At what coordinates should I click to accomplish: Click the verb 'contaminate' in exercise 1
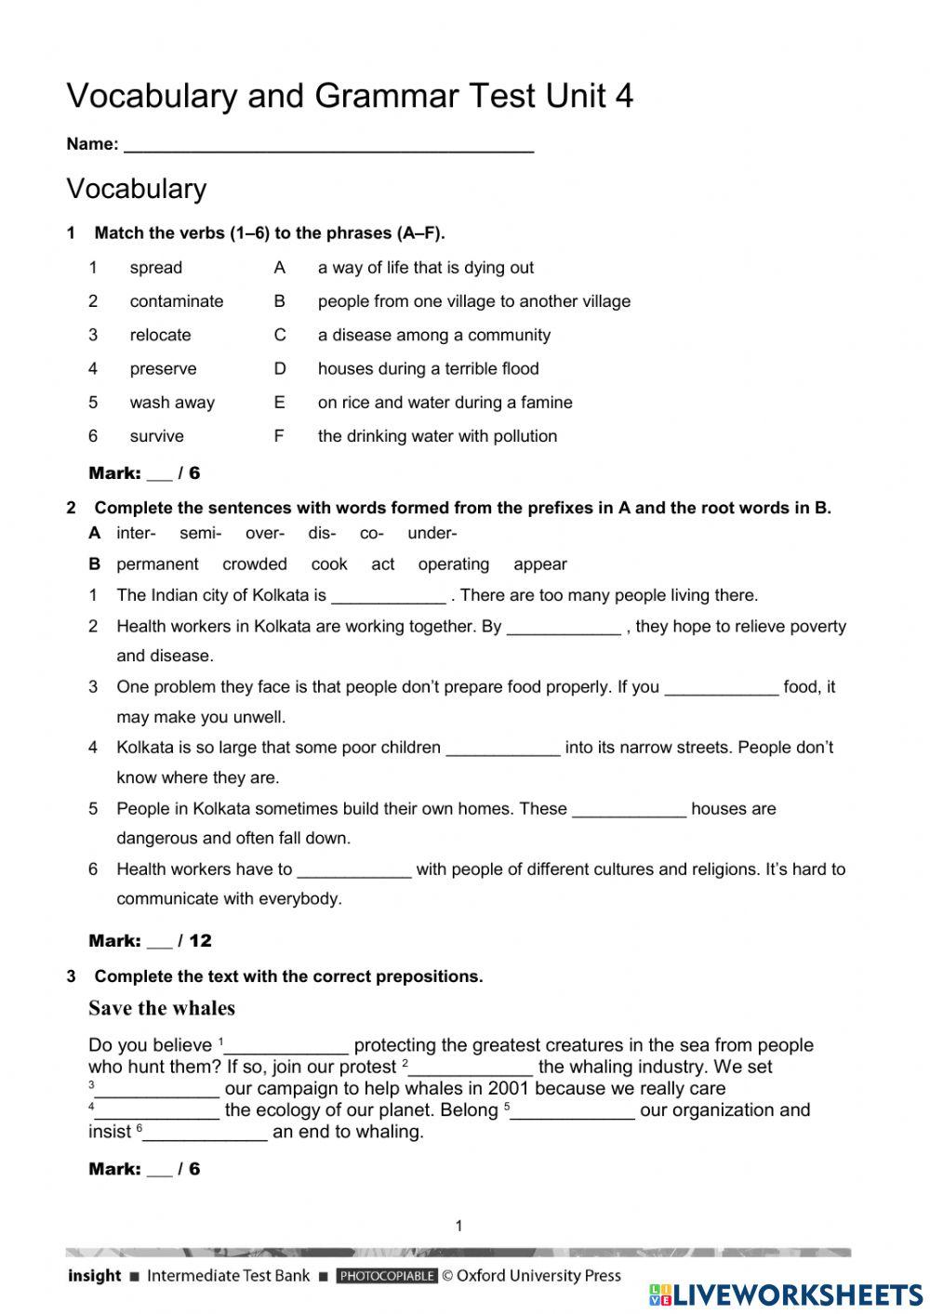tap(177, 301)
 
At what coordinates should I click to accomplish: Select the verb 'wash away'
tap(172, 403)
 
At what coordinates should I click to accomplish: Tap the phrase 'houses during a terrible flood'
tap(428, 369)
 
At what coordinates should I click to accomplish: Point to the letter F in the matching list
tap(279, 436)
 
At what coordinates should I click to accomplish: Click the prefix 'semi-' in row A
tap(200, 533)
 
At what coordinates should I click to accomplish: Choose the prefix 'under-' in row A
tap(432, 533)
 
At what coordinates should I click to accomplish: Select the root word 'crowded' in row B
tap(254, 564)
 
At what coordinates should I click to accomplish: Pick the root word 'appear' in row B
tap(539, 564)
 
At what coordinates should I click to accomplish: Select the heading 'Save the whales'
tap(162, 1008)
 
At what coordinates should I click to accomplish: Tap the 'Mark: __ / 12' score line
tap(150, 941)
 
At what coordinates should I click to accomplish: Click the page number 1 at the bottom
tap(458, 1226)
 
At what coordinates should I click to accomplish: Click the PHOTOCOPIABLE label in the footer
tap(387, 1276)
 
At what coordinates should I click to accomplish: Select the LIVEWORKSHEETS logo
tap(786, 1294)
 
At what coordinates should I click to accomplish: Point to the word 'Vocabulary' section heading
tap(137, 189)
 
